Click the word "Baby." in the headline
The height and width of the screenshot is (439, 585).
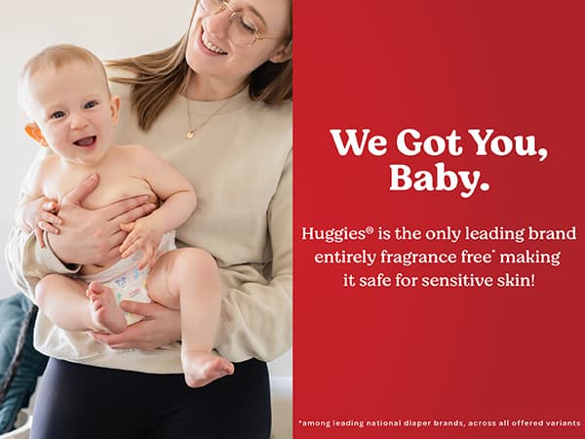click(439, 179)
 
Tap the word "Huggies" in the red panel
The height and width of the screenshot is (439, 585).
click(332, 234)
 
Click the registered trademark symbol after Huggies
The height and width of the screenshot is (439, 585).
click(370, 230)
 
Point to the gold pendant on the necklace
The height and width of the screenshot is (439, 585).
click(190, 134)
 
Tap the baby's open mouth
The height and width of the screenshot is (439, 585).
click(86, 141)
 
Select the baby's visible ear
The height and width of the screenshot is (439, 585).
click(35, 134)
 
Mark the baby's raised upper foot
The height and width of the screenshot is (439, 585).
click(106, 307)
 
